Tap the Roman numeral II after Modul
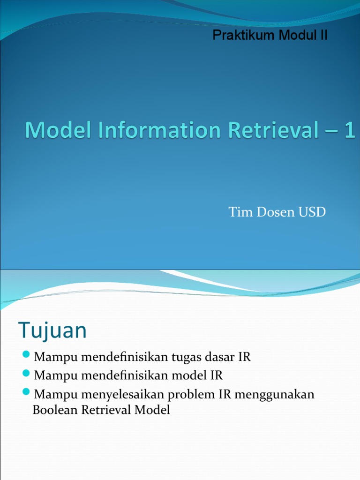pos(323,36)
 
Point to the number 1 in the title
pos(349,130)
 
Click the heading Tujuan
pos(52,331)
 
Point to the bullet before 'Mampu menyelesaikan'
pos(26,391)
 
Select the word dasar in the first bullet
pos(219,357)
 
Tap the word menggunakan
pos(274,395)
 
